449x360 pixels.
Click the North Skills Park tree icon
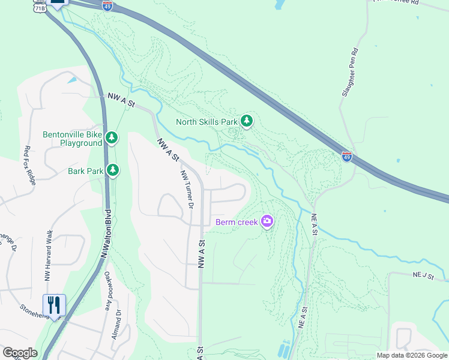(x=246, y=121)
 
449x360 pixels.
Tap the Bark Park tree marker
(x=112, y=170)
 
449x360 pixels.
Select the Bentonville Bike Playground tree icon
(x=111, y=138)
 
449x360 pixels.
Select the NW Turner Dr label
(x=187, y=188)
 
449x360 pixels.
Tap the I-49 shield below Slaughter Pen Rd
(x=347, y=157)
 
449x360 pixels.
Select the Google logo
(x=19, y=353)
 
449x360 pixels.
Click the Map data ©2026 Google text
(x=412, y=355)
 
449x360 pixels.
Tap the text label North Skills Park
(x=206, y=122)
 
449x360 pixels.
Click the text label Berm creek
(x=237, y=222)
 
